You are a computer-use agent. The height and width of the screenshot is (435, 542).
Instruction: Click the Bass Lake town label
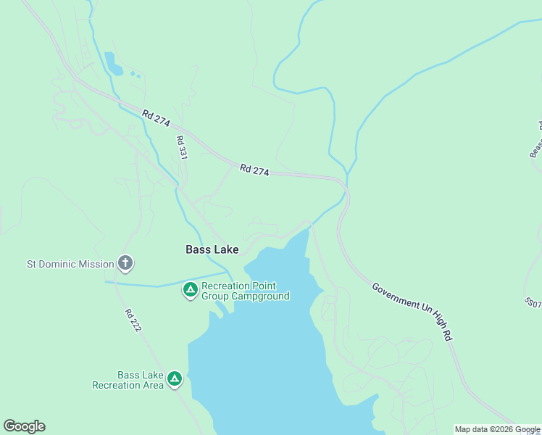pos(212,249)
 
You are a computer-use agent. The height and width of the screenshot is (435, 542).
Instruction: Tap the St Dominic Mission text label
pos(70,264)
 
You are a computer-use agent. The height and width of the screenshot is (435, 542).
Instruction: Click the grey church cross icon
pos(125,263)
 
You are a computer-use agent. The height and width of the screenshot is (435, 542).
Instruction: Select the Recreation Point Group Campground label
pos(245,291)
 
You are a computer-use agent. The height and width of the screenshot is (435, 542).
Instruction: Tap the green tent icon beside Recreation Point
pos(190,291)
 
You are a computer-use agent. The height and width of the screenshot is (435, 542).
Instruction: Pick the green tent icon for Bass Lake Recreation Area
pos(174,379)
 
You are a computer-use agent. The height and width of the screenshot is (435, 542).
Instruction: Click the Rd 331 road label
pos(181,149)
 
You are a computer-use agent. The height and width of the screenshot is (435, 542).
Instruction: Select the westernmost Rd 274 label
pos(156,120)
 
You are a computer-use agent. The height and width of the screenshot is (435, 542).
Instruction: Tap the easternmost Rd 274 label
pos(254,170)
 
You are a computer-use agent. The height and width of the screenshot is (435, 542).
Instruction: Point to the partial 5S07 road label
pos(533,302)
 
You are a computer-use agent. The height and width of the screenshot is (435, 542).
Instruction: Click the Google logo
pos(24,426)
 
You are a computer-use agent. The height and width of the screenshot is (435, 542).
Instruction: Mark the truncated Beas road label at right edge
pos(536,139)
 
